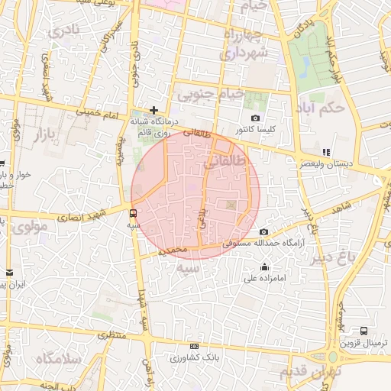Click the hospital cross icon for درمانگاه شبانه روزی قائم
click(154, 110)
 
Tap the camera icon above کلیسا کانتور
click(255, 118)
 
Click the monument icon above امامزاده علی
click(264, 267)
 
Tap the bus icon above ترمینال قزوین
click(364, 331)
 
